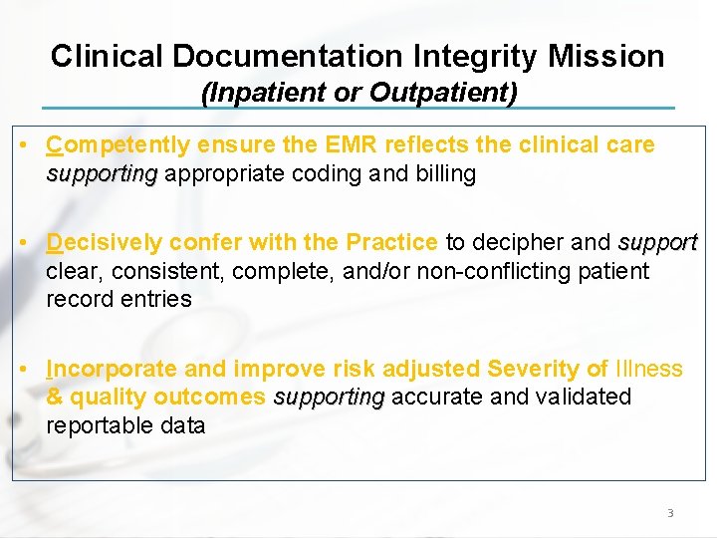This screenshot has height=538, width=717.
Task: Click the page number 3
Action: click(x=670, y=513)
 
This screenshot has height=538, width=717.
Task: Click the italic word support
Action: click(x=658, y=242)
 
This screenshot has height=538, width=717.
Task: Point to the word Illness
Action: click(x=649, y=369)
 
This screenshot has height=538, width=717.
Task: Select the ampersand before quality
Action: click(x=54, y=398)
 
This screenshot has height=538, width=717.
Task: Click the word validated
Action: click(x=584, y=398)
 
